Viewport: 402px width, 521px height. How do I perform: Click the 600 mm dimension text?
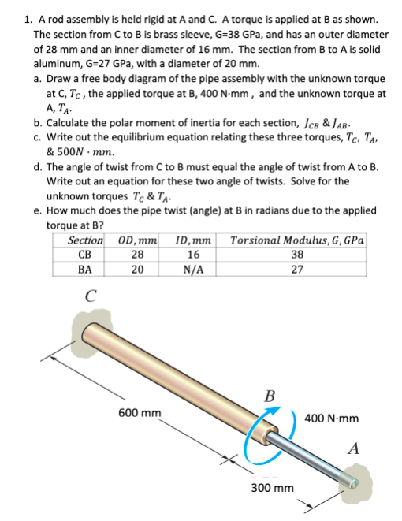[140, 412]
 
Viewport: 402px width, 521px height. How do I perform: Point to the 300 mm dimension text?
[273, 488]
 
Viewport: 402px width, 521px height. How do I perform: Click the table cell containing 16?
[190, 254]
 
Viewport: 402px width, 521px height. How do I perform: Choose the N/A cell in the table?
[190, 268]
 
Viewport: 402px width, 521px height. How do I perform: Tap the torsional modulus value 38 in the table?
[296, 254]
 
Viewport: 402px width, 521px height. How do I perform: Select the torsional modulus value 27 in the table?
[296, 268]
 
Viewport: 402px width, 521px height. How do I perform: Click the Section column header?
[85, 240]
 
